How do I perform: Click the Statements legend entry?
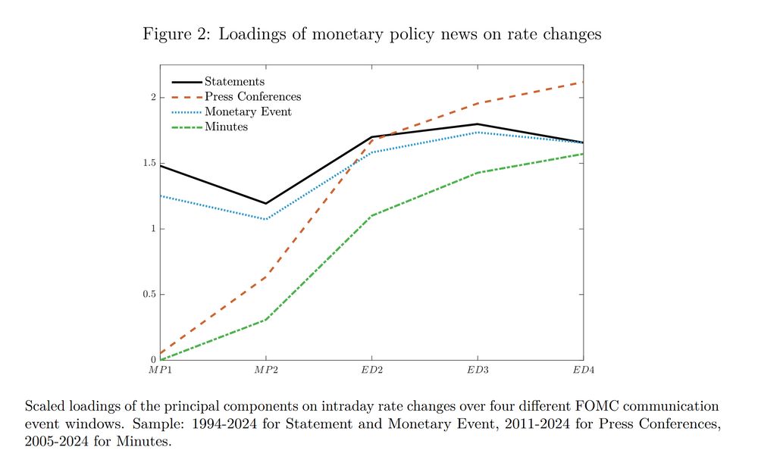click(x=234, y=82)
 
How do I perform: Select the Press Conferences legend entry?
click(x=252, y=97)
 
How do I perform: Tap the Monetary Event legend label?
click(x=248, y=112)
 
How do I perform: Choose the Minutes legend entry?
click(x=226, y=127)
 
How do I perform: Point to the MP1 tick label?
click(x=160, y=368)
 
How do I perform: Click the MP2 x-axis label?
click(x=265, y=368)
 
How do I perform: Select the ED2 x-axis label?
click(x=371, y=368)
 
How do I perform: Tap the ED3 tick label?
click(x=477, y=368)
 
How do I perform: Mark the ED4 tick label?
click(x=582, y=368)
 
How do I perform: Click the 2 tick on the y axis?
click(x=152, y=98)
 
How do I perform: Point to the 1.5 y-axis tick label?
click(x=149, y=164)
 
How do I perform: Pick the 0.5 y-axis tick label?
click(x=149, y=295)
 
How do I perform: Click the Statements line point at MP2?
click(x=265, y=203)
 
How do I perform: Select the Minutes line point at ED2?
click(x=371, y=216)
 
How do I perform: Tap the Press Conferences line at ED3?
click(x=477, y=103)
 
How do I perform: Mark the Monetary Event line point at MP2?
click(x=265, y=220)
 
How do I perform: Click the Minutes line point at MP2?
click(x=265, y=320)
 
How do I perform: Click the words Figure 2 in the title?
click(x=175, y=35)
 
